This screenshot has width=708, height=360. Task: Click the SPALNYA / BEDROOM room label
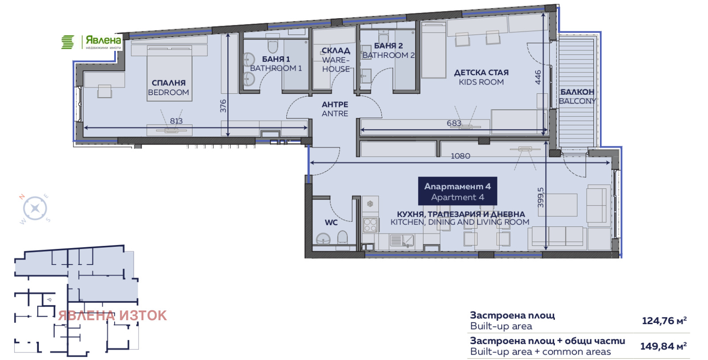tap(169, 88)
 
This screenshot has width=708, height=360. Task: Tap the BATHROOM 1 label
tap(276, 64)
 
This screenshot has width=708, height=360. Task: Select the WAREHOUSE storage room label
tap(336, 60)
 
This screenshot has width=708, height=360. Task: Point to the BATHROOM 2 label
tap(389, 50)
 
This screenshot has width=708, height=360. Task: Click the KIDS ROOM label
tap(481, 77)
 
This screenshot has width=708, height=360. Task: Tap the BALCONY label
tap(577, 96)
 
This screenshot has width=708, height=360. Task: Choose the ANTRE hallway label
tap(335, 109)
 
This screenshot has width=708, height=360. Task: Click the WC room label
tap(331, 222)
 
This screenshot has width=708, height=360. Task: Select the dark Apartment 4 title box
tap(458, 191)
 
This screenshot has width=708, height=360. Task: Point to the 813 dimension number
tap(177, 121)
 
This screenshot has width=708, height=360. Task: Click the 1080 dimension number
tap(461, 156)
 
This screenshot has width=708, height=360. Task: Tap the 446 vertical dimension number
tap(538, 77)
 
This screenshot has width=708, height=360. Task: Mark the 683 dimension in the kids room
tap(454, 123)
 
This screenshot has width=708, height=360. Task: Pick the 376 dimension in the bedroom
tap(223, 106)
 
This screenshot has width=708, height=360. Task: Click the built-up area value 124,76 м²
tap(664, 321)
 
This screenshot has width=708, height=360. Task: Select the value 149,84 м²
tap(663, 346)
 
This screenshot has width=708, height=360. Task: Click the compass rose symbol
tap(35, 208)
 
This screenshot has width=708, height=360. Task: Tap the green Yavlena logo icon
tap(68, 42)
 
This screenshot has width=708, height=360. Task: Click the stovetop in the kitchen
tap(370, 225)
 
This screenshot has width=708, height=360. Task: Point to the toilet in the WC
tap(342, 237)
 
